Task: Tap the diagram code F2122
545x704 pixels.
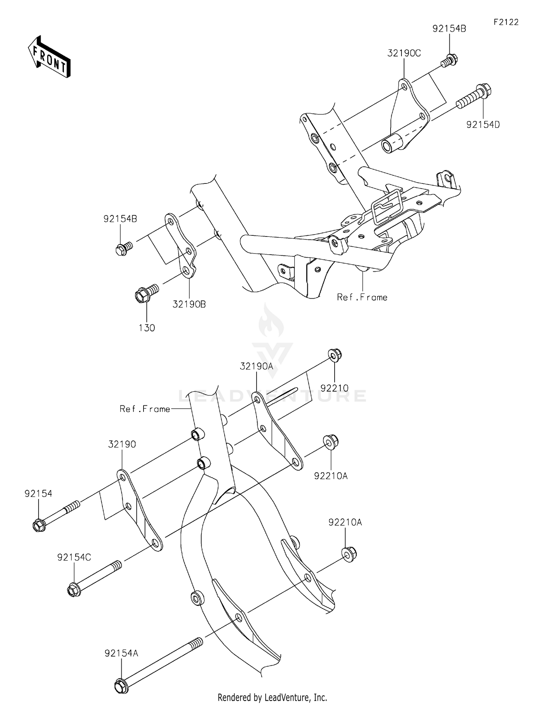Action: (x=506, y=22)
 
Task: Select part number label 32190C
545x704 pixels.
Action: (x=404, y=53)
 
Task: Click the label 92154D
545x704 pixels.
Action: (x=483, y=125)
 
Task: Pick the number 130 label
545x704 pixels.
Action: (x=147, y=328)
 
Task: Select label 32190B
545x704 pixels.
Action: (x=189, y=304)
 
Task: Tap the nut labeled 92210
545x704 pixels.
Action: (x=334, y=354)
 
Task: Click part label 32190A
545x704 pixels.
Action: (x=256, y=366)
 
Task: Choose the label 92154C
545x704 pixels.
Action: (x=74, y=557)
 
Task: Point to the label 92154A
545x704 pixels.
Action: (x=121, y=653)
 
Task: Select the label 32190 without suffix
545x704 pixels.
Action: (x=122, y=444)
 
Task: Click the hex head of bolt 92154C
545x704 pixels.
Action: (x=73, y=590)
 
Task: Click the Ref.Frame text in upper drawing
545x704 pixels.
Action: (x=362, y=297)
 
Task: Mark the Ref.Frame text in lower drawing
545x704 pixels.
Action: (x=145, y=409)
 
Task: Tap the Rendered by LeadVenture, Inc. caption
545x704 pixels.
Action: (x=272, y=697)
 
